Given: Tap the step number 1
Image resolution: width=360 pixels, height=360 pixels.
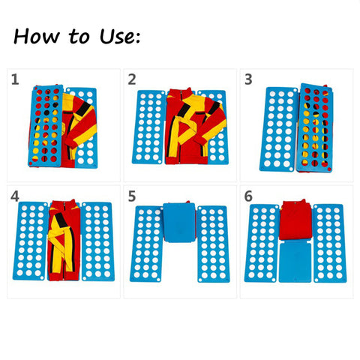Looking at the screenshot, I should coord(15,79).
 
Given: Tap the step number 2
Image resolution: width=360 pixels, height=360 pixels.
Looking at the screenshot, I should coord(132,79).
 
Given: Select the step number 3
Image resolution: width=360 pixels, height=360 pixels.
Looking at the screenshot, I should coord(247,79).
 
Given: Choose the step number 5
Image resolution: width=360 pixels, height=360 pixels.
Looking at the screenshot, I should coord(132,196).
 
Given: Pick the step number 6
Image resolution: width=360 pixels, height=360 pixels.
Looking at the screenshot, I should coord(248,196).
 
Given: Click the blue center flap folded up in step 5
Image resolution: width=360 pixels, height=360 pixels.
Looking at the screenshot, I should coord(180,223).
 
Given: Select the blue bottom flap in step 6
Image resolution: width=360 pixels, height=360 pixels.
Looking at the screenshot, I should coord(297,261).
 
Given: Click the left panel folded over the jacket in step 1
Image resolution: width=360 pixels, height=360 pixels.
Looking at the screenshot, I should coord(45,124).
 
